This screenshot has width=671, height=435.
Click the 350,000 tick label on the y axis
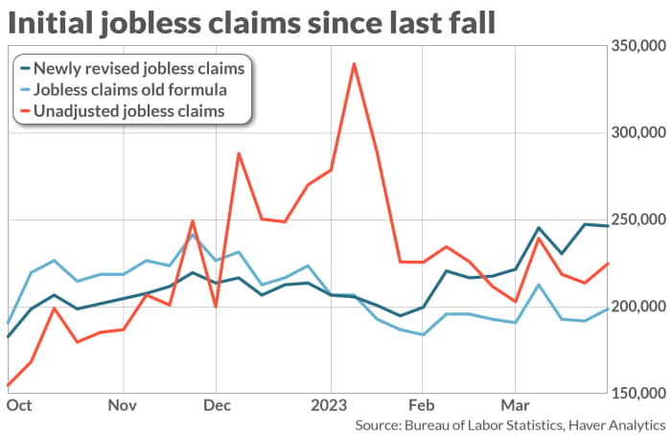(x=636, y=47)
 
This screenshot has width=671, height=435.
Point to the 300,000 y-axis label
(x=636, y=133)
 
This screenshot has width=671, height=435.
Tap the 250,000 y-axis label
(x=636, y=220)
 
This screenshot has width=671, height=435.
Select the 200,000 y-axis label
(x=636, y=307)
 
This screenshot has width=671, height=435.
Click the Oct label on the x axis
(x=20, y=404)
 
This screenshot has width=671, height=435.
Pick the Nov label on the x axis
(x=123, y=404)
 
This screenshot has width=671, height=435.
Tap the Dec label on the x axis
(x=217, y=404)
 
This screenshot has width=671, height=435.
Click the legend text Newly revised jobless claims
(x=138, y=68)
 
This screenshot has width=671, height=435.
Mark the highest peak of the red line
(x=354, y=64)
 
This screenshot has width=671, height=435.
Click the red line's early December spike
(x=238, y=153)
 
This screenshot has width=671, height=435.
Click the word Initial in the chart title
(x=48, y=21)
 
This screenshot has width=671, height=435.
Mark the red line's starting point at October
(x=9, y=385)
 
